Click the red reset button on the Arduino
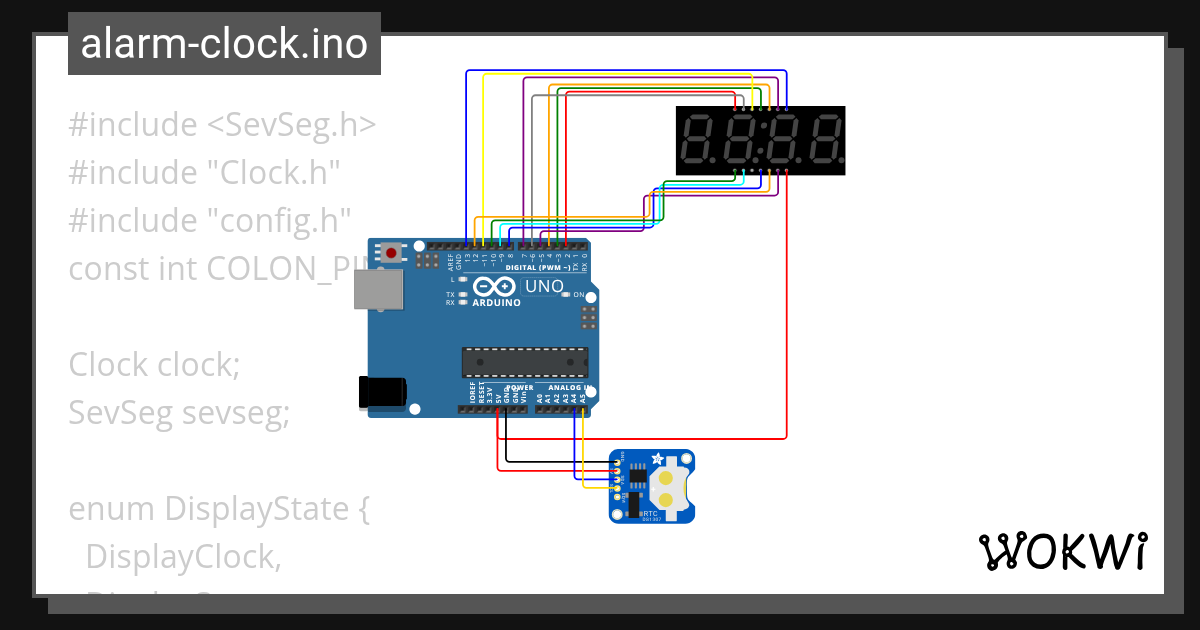click(391, 253)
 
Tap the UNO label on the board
click(544, 286)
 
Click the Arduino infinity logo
click(497, 287)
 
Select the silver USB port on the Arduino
click(376, 289)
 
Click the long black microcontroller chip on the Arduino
click(524, 362)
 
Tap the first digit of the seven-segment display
click(698, 140)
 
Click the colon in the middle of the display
click(762, 140)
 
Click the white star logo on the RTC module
click(657, 459)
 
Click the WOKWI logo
click(1061, 551)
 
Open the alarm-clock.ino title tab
click(224, 44)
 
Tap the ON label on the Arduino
click(578, 295)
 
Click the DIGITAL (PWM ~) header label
click(541, 268)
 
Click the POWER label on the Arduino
click(520, 387)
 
